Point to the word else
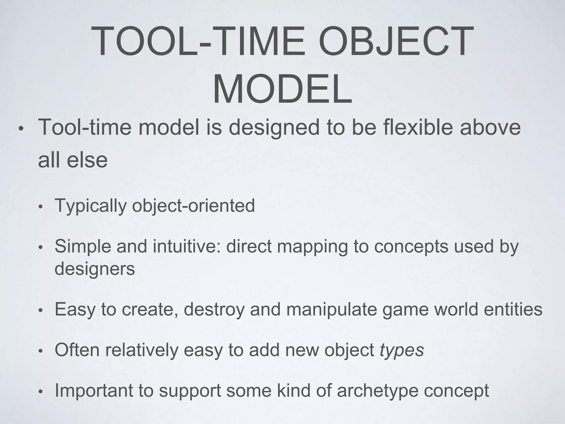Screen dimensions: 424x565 [87, 160]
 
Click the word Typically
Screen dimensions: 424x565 [91, 206]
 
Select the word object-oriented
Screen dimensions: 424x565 [193, 206]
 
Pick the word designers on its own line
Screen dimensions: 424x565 [95, 269]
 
